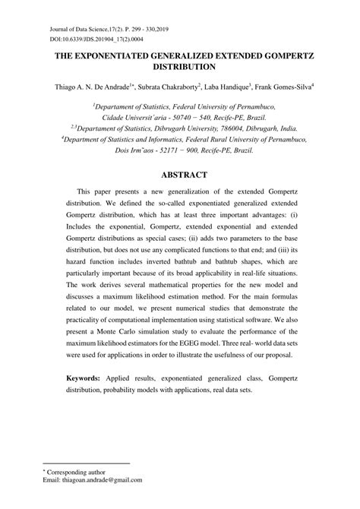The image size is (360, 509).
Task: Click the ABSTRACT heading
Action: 180,175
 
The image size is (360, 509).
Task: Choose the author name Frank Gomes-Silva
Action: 287,87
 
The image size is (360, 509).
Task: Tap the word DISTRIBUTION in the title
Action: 180,68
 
